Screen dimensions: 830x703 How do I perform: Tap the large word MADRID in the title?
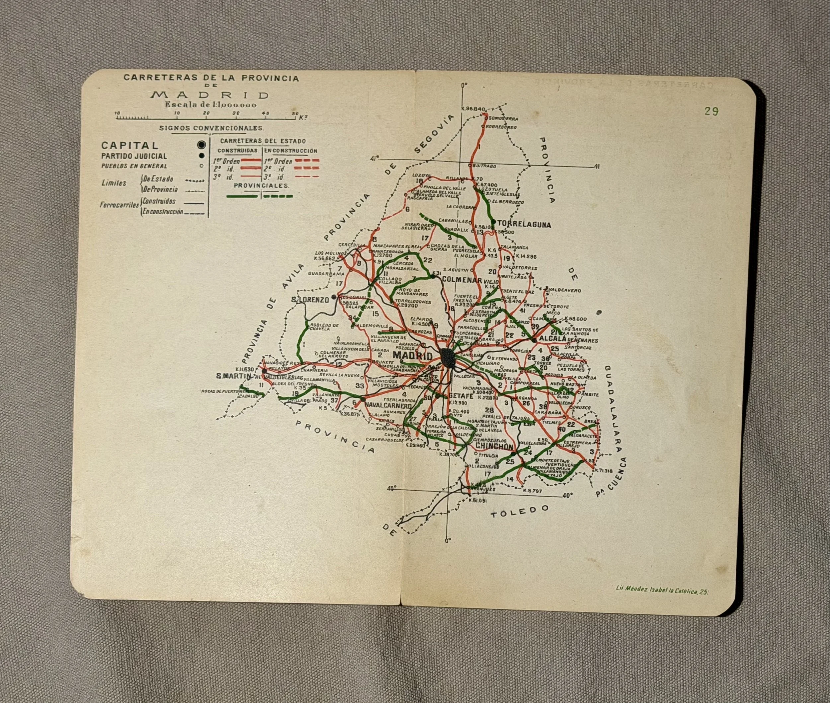pos(210,95)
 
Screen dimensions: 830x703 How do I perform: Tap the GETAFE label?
pos(461,396)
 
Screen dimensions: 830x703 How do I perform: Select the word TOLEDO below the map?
pos(519,511)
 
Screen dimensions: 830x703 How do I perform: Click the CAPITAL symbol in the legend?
pos(203,144)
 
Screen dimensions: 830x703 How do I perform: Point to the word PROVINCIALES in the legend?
pos(261,186)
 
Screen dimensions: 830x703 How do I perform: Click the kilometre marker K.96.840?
pos(473,109)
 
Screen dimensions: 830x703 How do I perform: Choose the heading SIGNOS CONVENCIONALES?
pos(211,128)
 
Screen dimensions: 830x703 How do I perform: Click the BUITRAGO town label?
pos(484,166)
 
